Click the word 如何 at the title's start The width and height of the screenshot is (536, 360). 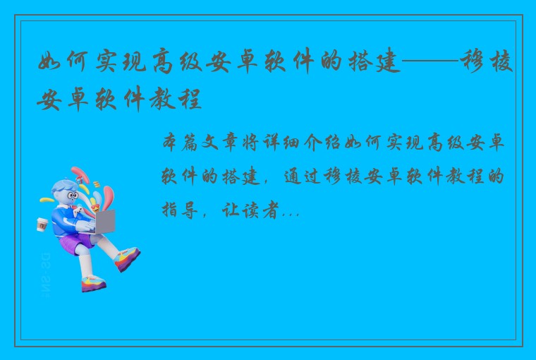[62, 61]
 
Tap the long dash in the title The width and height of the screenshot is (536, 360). [430, 61]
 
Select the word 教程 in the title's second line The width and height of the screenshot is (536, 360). [176, 98]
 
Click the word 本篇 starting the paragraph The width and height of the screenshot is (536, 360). [180, 143]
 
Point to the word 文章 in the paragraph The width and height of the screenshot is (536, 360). [221, 143]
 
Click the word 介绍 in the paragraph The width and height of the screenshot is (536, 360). [322, 143]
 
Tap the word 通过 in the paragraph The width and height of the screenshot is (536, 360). [303, 176]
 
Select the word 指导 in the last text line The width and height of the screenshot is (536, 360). [180, 210]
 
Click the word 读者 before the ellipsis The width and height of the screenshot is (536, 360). [261, 210]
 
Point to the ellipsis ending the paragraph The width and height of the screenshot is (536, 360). [291, 215]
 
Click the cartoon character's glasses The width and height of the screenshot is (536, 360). [73, 196]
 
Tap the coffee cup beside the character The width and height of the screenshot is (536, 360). [42, 225]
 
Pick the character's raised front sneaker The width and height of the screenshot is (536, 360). [127, 258]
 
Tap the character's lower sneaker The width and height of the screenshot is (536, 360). [93, 284]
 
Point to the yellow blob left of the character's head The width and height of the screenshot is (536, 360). [47, 200]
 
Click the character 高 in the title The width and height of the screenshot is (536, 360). [163, 61]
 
